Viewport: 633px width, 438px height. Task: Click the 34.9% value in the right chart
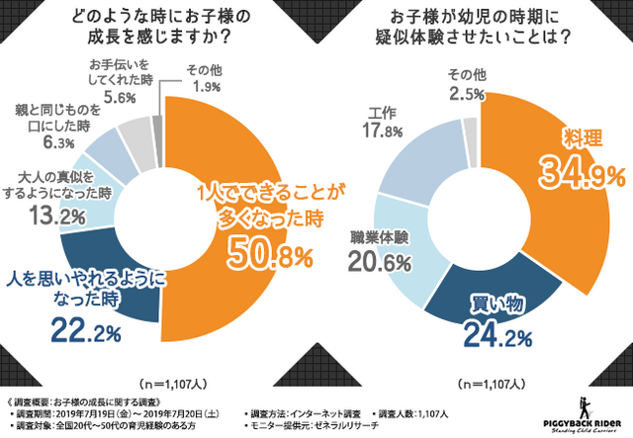coord(579,176)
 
